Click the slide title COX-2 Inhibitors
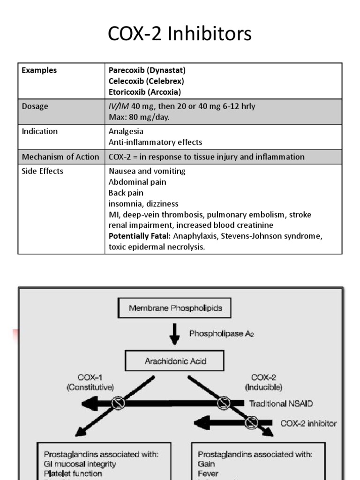[x=180, y=34]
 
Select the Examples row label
[x=39, y=70]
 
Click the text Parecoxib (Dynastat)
[x=147, y=70]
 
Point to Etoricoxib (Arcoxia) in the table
[x=145, y=92]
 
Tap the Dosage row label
[x=35, y=106]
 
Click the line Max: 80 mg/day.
[x=139, y=117]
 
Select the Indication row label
[x=40, y=131]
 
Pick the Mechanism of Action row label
[x=60, y=157]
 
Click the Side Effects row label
[x=43, y=171]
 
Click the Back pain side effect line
[x=126, y=193]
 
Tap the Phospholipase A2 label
[x=221, y=334]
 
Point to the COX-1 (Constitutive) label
[x=90, y=382]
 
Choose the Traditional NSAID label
[x=281, y=403]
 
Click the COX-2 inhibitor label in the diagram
[x=308, y=423]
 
